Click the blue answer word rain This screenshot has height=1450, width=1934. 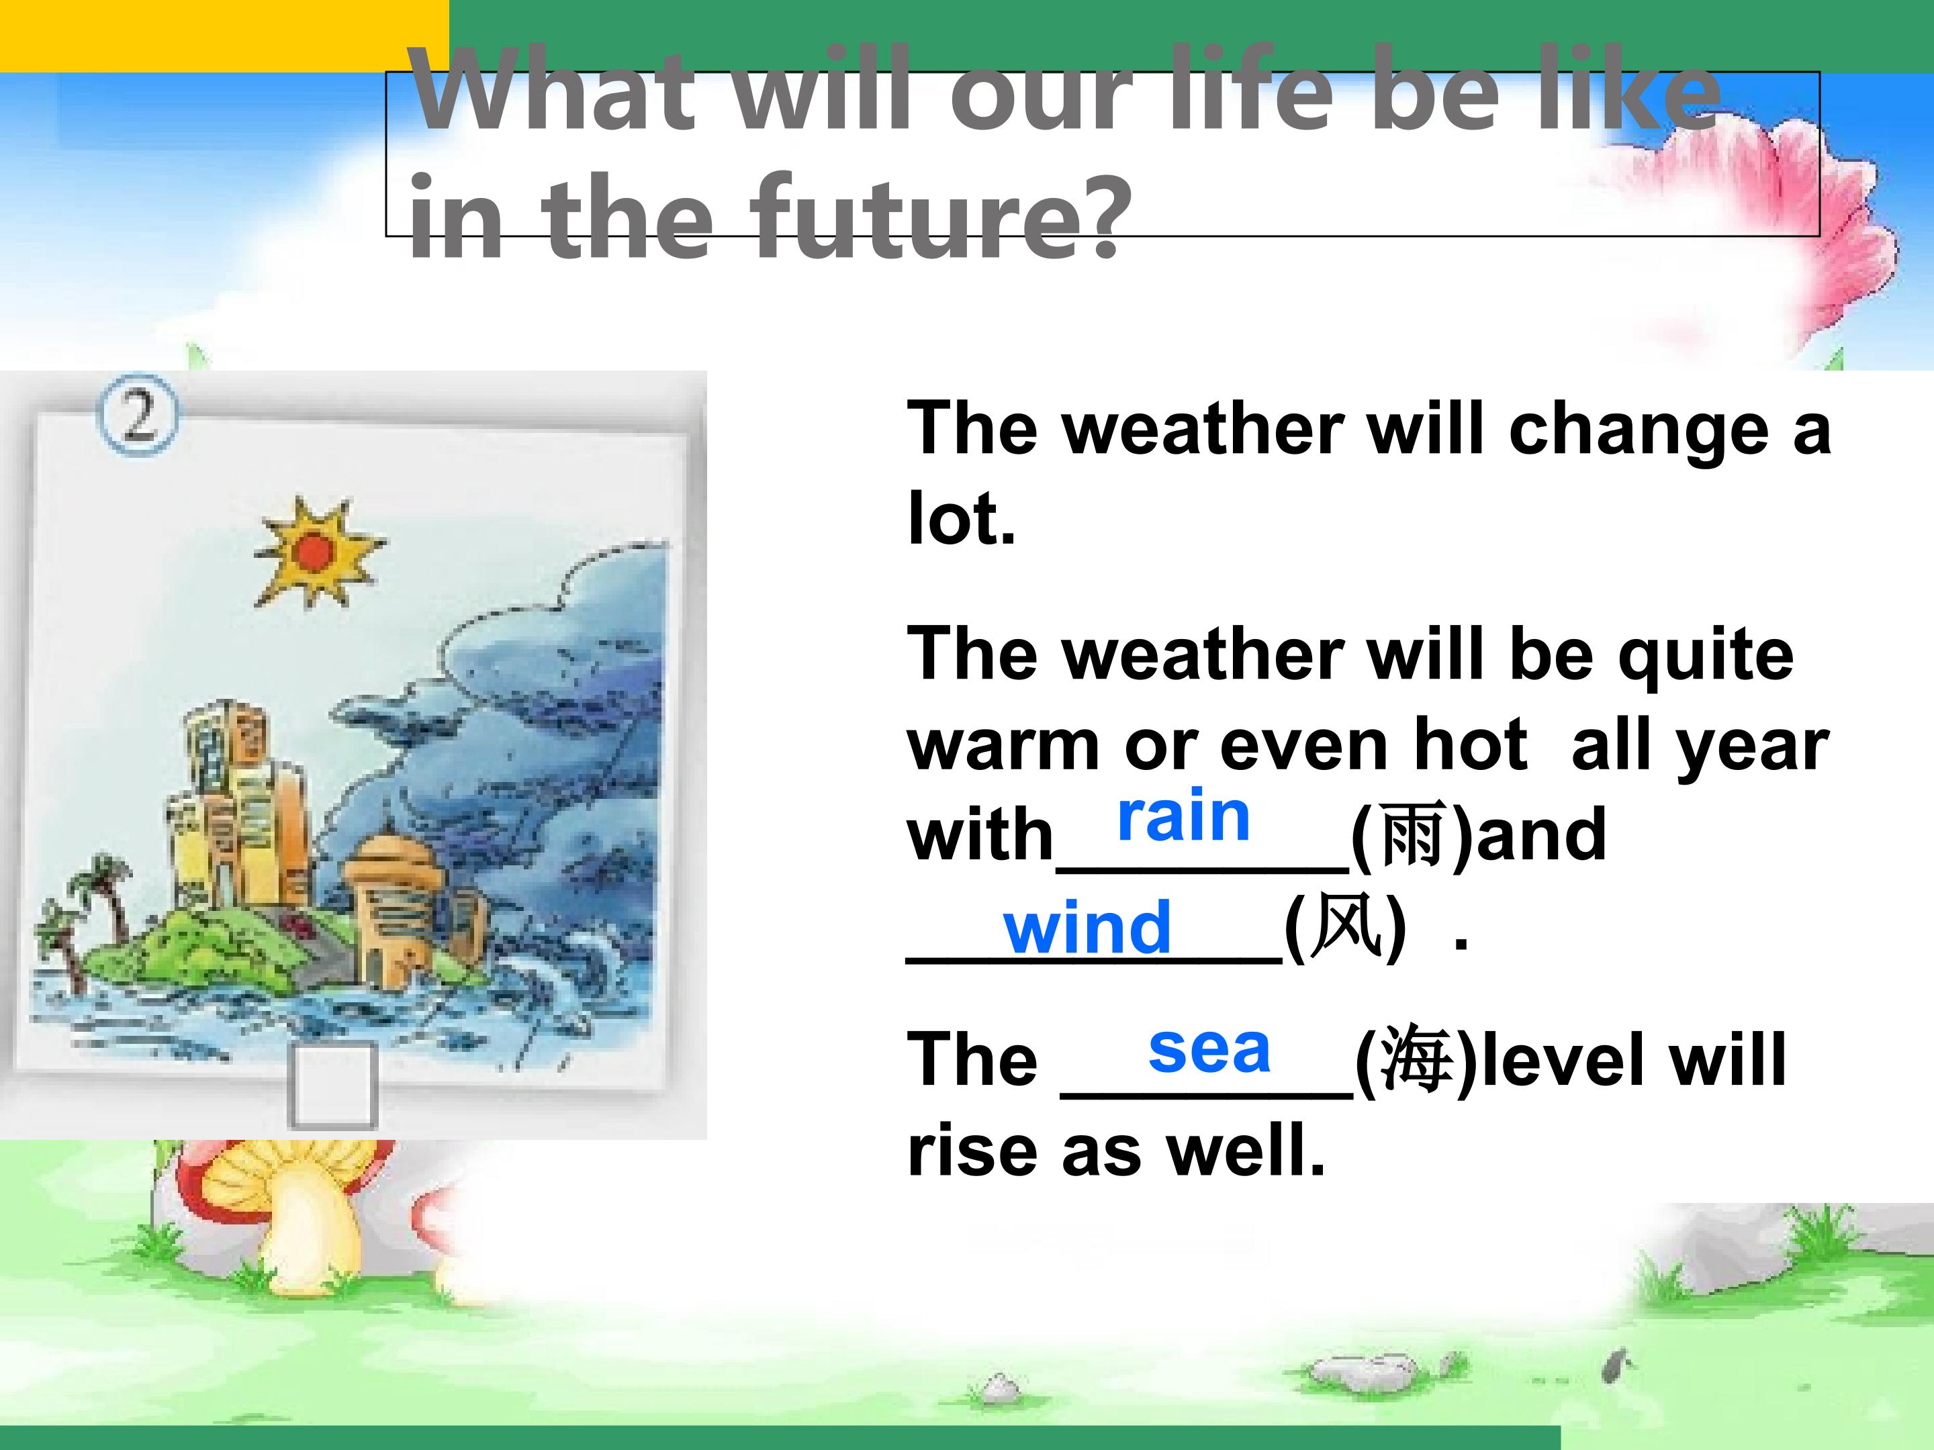[1184, 816]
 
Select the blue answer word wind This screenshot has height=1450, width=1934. [1088, 926]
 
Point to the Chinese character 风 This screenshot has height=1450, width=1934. [1346, 926]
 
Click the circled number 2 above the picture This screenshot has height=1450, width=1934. [136, 414]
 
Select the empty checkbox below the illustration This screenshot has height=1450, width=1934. [333, 1086]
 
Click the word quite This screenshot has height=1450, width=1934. [1706, 655]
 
